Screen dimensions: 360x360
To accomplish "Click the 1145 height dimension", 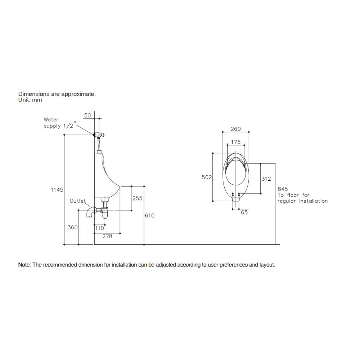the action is coord(57,190).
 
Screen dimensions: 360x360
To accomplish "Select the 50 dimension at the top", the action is coord(87,116).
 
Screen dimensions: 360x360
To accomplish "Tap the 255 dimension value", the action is coord(137,198).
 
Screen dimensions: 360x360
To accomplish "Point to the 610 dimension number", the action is coord(150,216).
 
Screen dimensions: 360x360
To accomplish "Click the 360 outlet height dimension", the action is coord(73,228).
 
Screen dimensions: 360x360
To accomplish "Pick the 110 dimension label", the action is coord(100,228).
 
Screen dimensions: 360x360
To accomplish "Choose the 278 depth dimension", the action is coord(107,236).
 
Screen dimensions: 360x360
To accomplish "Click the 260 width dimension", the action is coord(236,129).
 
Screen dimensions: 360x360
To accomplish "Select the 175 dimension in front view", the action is coord(236,142).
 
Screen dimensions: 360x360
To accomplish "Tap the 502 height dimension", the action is coord(207,177).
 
